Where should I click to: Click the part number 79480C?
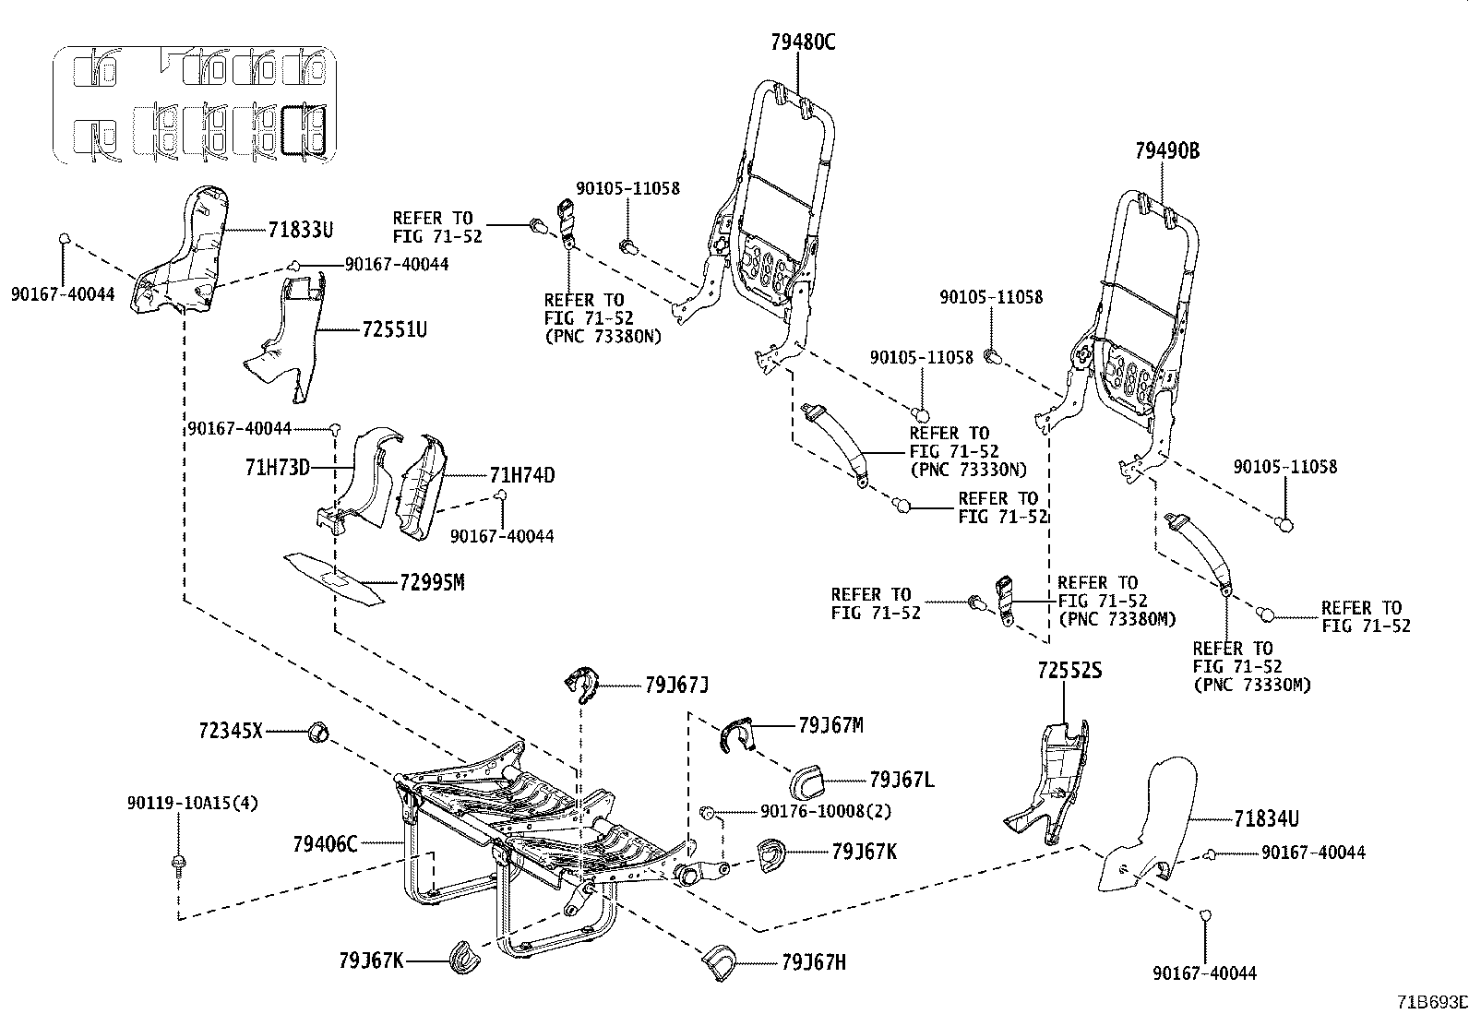[x=803, y=42]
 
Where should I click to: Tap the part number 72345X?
[x=230, y=732]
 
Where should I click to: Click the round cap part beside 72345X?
[x=317, y=733]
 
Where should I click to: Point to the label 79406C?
[x=324, y=843]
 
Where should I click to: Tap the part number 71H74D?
[x=521, y=475]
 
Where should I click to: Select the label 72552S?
[x=1069, y=671]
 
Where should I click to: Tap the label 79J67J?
[x=676, y=685]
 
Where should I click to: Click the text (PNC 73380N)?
[x=603, y=336]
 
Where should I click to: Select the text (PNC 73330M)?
[x=1251, y=684]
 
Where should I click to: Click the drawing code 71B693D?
[x=1430, y=1001]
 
